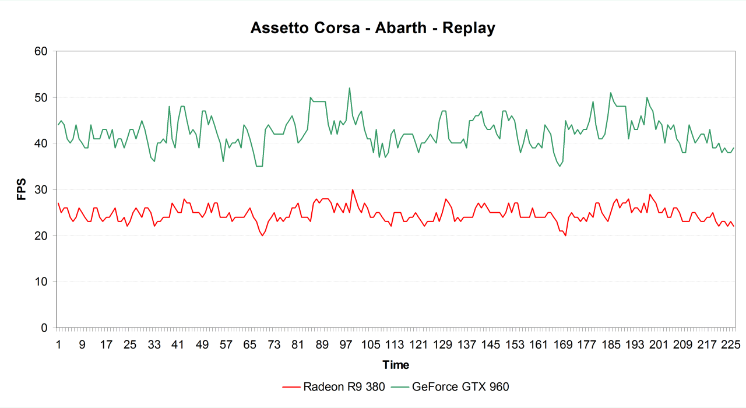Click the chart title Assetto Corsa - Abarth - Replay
(x=373, y=28)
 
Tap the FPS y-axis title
(x=22, y=189)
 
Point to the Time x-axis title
(x=396, y=365)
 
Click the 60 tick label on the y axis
(x=40, y=51)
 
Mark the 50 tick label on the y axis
(x=40, y=97)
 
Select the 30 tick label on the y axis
(x=40, y=189)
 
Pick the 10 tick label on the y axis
(x=40, y=282)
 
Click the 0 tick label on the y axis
(x=44, y=328)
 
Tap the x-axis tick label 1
(x=58, y=344)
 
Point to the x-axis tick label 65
(x=249, y=344)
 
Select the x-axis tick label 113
(x=394, y=344)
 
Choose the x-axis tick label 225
(x=731, y=344)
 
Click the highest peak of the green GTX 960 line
(x=349, y=88)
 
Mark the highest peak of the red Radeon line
(x=352, y=189)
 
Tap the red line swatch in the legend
(x=291, y=386)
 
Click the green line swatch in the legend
(x=400, y=386)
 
